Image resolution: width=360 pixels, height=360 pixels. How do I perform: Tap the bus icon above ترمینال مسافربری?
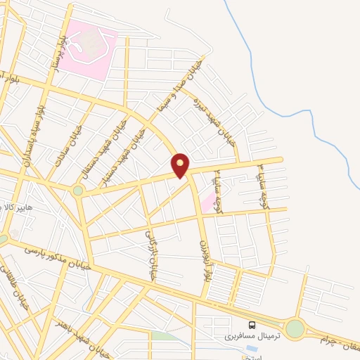(x=252, y=324)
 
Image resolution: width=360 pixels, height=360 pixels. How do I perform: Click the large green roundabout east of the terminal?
(x=295, y=328)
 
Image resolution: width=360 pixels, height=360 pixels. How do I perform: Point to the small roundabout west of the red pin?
(x=78, y=190)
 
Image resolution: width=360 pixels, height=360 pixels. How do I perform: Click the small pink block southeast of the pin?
(x=208, y=202)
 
